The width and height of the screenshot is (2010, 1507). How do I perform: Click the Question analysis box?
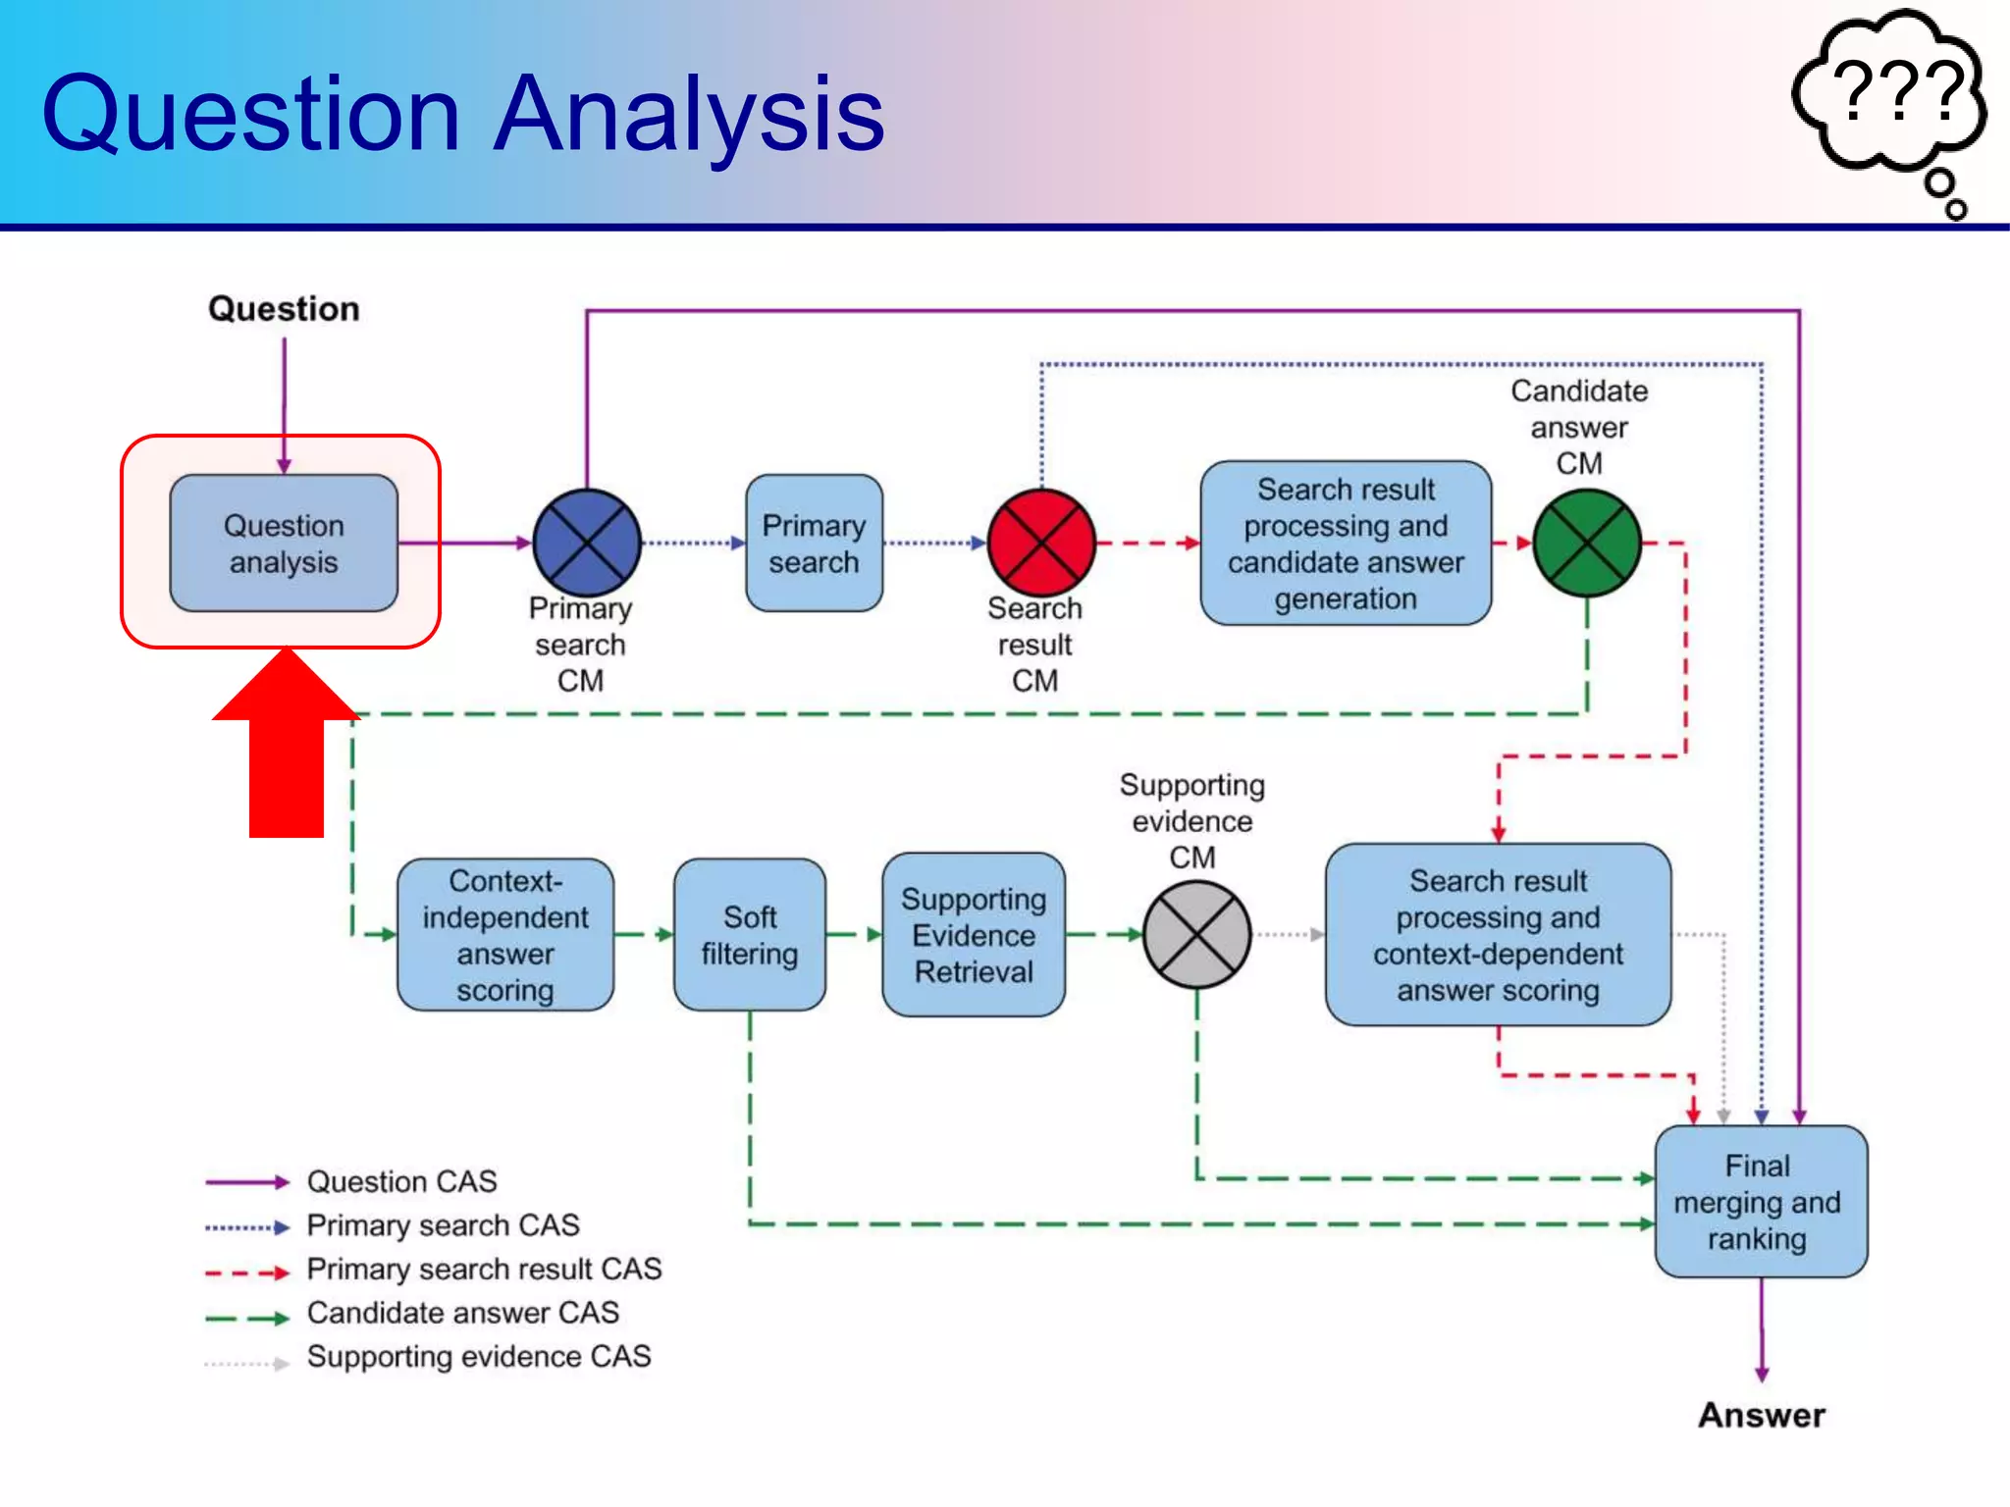coord(284,544)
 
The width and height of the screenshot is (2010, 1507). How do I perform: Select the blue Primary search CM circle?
coord(586,543)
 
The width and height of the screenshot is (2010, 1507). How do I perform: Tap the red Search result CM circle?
coord(1040,543)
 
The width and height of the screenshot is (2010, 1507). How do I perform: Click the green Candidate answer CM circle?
coord(1586,543)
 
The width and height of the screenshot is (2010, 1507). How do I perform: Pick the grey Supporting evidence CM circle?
coord(1196,934)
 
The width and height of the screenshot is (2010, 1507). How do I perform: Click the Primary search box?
coord(814,544)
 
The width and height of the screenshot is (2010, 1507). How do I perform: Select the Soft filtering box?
coord(750,934)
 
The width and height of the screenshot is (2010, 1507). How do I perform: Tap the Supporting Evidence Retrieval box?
coord(973,934)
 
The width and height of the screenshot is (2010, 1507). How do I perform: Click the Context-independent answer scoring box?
coord(505,934)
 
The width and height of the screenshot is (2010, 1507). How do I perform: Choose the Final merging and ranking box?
coord(1760,1201)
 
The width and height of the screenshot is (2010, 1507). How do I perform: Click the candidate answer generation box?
coord(1346,544)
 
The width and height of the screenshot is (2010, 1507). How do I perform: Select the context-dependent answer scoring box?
coord(1498,934)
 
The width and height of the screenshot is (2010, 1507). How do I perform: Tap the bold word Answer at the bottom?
coord(1762,1415)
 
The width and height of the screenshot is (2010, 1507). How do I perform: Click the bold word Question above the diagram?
coord(284,309)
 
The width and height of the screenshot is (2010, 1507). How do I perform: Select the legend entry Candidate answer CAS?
coord(462,1313)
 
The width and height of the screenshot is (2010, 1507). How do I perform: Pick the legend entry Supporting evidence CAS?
coord(478,1357)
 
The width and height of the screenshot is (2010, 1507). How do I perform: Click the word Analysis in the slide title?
coord(689,115)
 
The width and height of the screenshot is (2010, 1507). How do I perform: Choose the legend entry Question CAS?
coord(401,1181)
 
